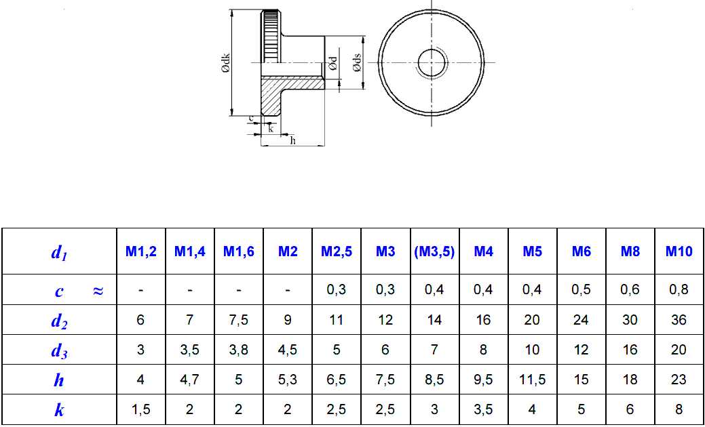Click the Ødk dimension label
226,64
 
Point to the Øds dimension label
356,63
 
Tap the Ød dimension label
333,63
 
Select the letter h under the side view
293,140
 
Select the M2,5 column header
337,251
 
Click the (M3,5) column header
434,251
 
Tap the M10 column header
679,251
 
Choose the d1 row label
59,253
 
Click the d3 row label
59,350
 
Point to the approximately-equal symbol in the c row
98,291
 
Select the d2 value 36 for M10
679,320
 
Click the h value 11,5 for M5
532,380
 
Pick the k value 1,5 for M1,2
140,409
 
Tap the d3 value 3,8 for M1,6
238,350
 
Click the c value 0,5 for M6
581,290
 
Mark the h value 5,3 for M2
288,380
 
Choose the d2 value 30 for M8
630,320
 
